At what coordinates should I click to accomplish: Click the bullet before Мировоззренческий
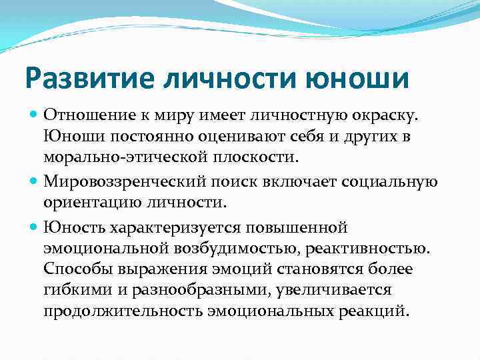coord(34,182)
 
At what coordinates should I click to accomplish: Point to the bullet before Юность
coord(34,227)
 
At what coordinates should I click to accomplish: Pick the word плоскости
coord(257,159)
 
